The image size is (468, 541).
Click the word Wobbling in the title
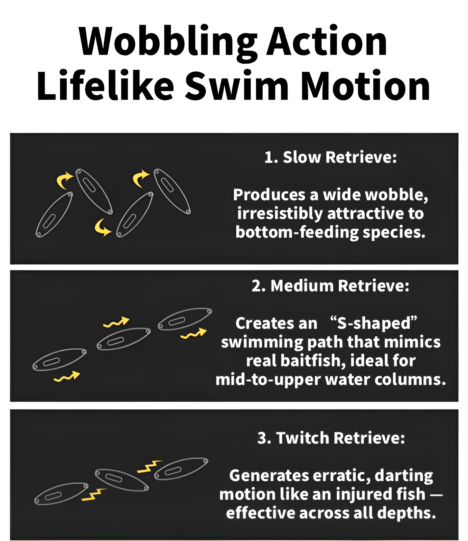coord(168,42)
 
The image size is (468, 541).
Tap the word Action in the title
coord(327,41)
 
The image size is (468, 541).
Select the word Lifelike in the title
coord(106,85)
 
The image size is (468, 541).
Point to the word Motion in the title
coord(365,85)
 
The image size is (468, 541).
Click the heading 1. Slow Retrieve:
coord(331,157)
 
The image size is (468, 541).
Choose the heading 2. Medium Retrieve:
coord(331,286)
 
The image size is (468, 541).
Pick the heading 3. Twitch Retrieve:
coord(331,438)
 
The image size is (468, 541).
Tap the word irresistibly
coord(280,214)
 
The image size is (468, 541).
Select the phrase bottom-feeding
coord(297,232)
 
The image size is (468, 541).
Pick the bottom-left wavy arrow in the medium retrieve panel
coord(67,377)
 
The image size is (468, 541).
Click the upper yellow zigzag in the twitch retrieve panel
coord(149,466)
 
